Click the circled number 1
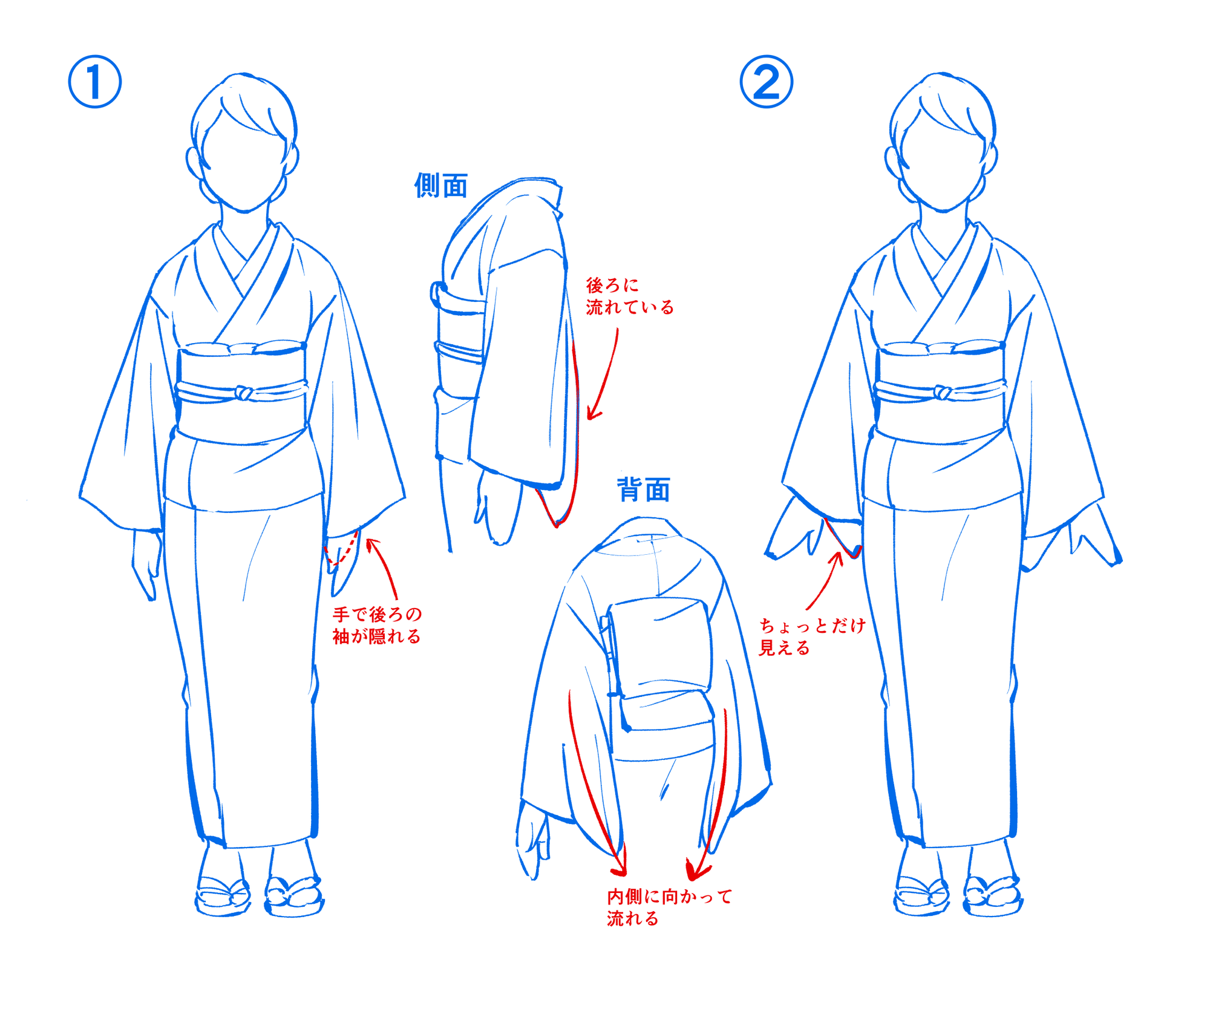pos(94,82)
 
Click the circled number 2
pos(766,82)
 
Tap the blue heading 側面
pos(440,185)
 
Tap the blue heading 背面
pos(643,489)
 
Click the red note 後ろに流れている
pos(629,296)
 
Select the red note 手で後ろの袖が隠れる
pos(376,625)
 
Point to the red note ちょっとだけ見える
pos(811,636)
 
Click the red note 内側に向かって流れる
pos(669,907)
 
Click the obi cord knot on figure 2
pos(942,393)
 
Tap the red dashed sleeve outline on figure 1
pos(342,552)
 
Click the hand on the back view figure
pos(532,841)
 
